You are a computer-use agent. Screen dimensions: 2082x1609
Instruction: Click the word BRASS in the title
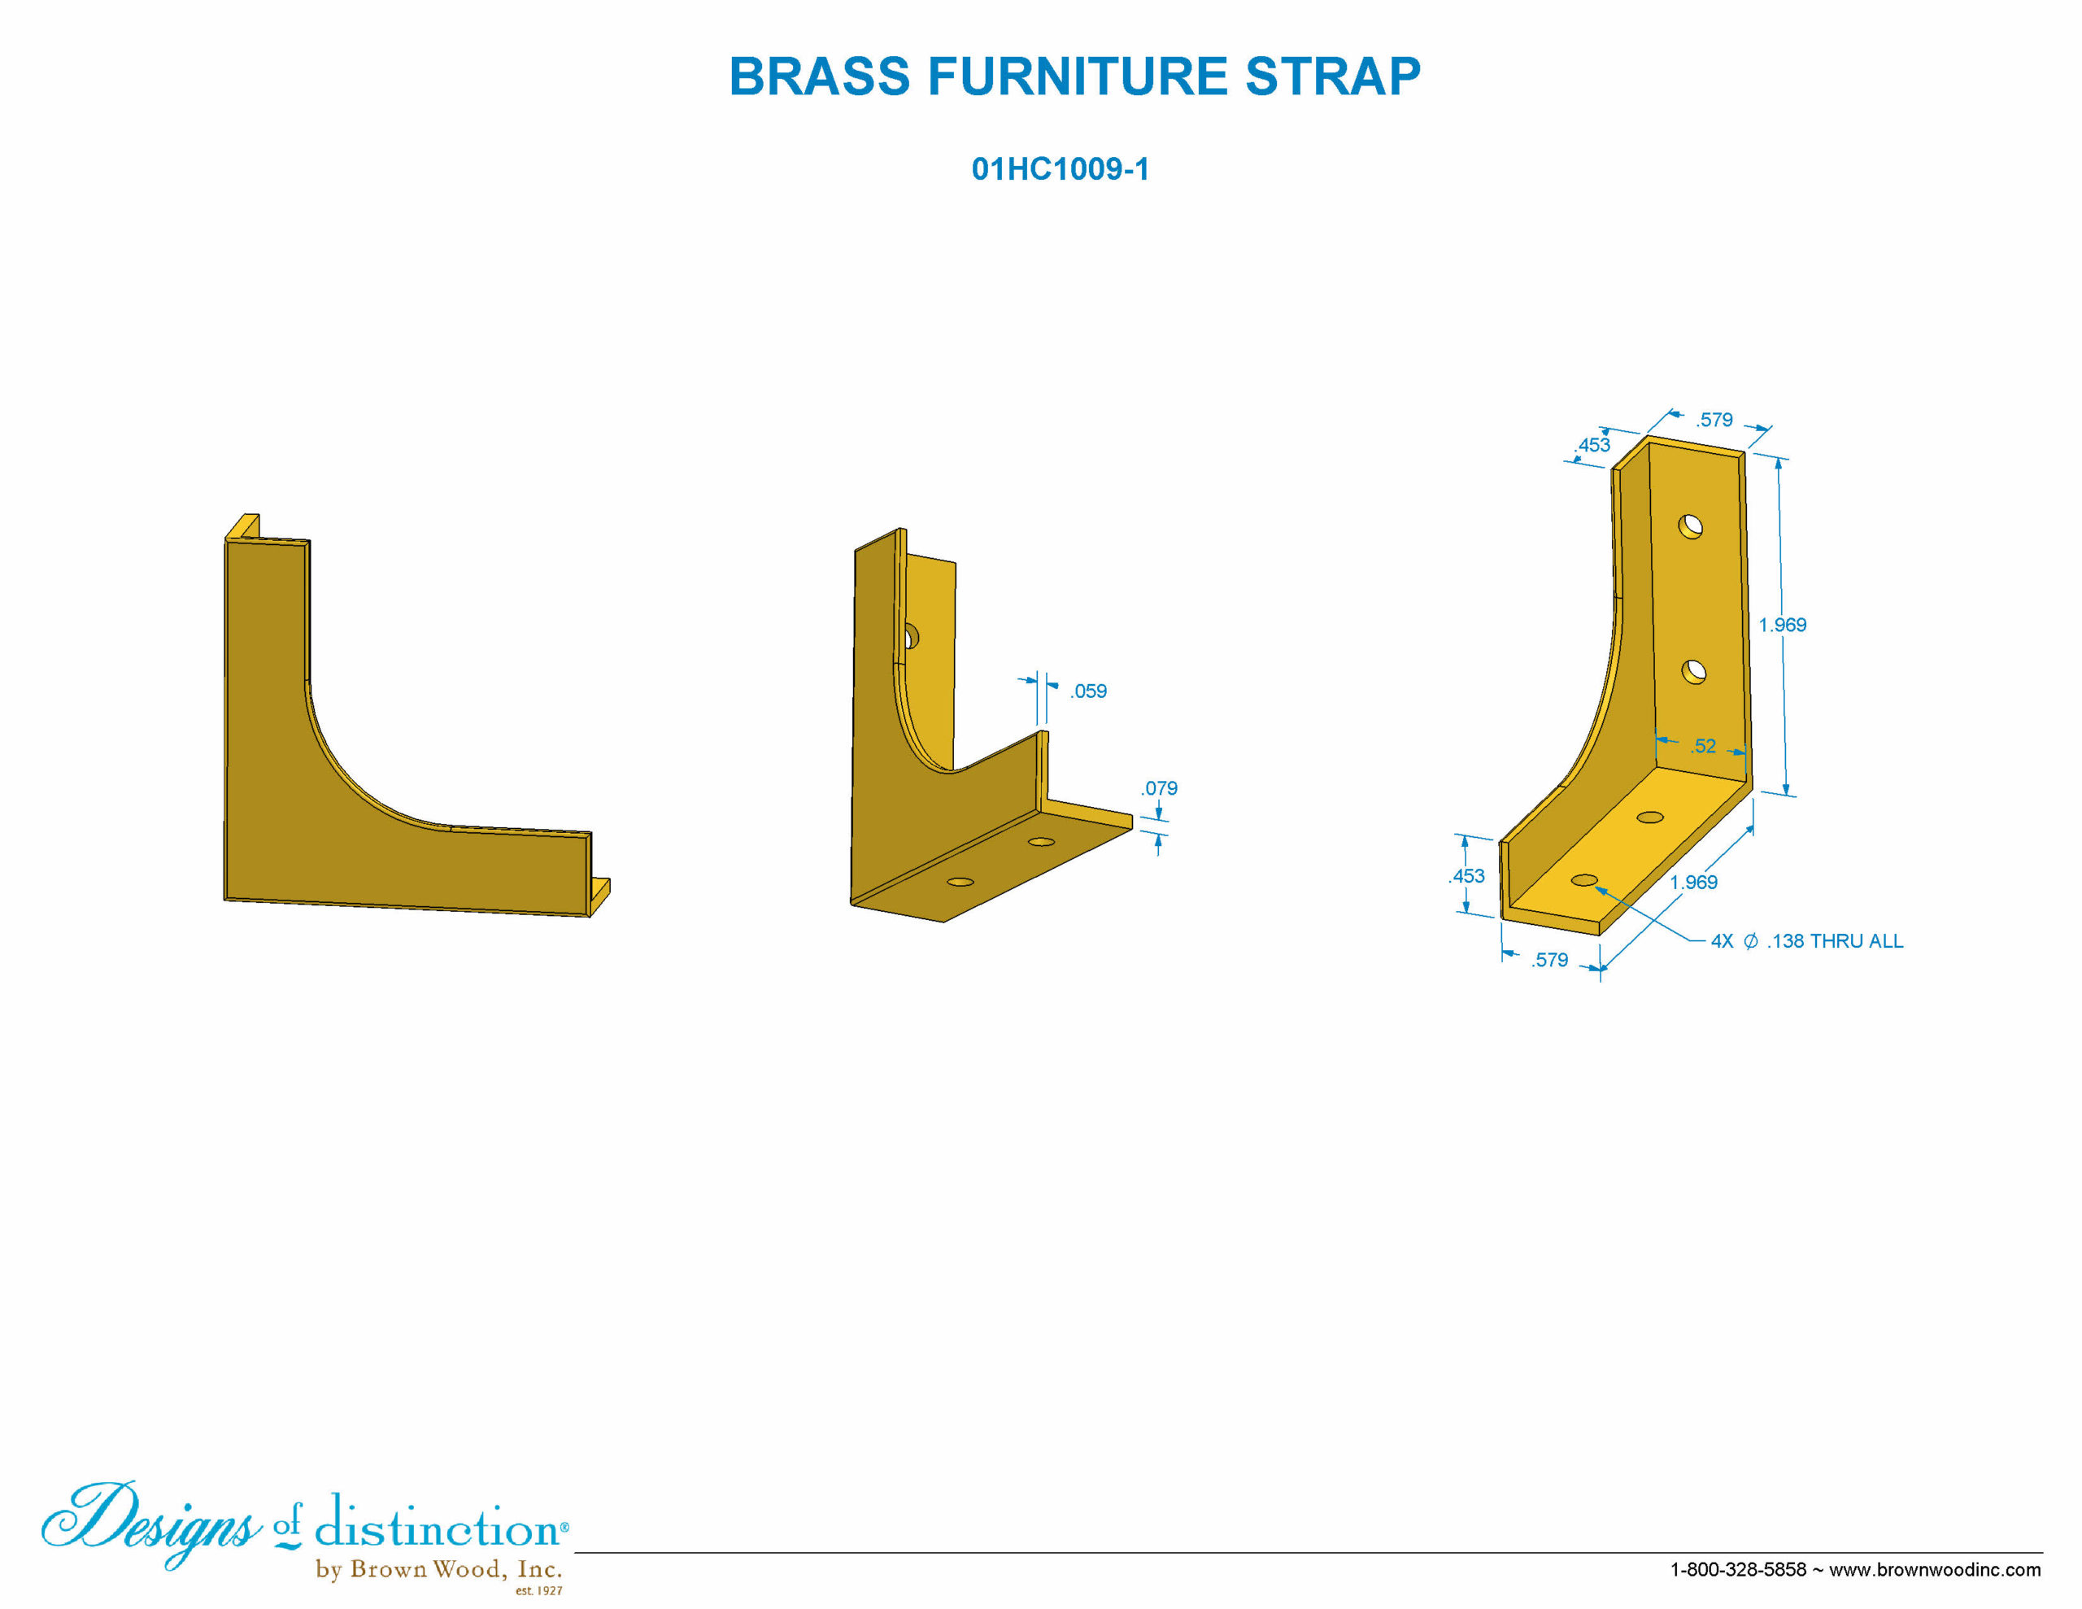819,76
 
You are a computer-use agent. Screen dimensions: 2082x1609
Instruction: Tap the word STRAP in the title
1333,76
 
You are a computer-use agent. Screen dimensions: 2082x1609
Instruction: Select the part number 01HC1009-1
1060,169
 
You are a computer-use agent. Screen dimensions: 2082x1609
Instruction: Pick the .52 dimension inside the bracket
1704,746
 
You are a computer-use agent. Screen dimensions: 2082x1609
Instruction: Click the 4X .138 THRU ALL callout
1806,941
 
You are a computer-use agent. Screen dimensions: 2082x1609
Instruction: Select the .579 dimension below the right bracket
1549,960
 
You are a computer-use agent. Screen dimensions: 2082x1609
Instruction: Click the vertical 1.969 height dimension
1782,625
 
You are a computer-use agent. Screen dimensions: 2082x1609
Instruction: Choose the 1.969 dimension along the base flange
1693,883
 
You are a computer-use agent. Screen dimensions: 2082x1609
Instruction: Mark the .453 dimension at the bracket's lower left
1467,875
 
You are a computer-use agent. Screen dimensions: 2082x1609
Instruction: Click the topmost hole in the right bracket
1690,526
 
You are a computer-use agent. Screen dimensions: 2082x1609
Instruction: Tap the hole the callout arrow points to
1583,879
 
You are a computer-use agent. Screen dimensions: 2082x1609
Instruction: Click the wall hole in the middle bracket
910,637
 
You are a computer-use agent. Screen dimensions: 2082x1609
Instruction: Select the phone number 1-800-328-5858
1738,1569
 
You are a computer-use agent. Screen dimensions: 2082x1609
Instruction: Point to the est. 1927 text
538,1591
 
